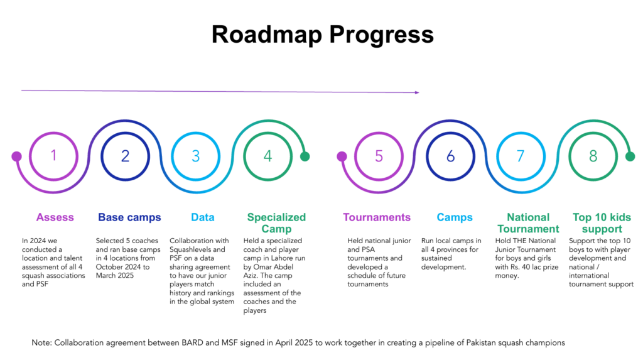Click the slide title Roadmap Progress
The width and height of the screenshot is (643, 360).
coord(321,34)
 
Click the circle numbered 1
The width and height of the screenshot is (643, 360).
coord(54,156)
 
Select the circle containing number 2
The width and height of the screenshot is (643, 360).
coord(125,156)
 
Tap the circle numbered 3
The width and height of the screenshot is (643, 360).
coord(195,156)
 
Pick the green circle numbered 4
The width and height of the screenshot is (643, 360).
coord(267,156)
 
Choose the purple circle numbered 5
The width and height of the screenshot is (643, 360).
coord(379,156)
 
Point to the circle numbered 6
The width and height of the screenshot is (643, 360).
coord(450,156)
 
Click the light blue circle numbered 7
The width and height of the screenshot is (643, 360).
coord(521,156)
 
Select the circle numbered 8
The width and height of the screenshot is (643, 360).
coord(593,156)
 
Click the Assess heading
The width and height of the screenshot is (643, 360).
coord(55,217)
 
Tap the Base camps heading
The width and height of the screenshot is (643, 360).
coord(129,217)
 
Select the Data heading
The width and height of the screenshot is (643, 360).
coord(203,217)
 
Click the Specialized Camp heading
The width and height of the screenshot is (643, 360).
coord(276,223)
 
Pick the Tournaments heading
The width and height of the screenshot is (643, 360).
coord(377,217)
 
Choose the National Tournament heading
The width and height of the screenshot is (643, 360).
coord(528,223)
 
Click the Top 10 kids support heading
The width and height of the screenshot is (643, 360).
coord(602,223)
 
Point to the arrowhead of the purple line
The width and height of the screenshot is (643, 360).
coord(417,92)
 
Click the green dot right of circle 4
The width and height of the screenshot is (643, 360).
coord(305,156)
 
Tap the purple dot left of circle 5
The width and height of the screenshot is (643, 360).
coord(342,156)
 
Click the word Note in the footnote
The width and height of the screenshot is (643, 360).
coord(41,342)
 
